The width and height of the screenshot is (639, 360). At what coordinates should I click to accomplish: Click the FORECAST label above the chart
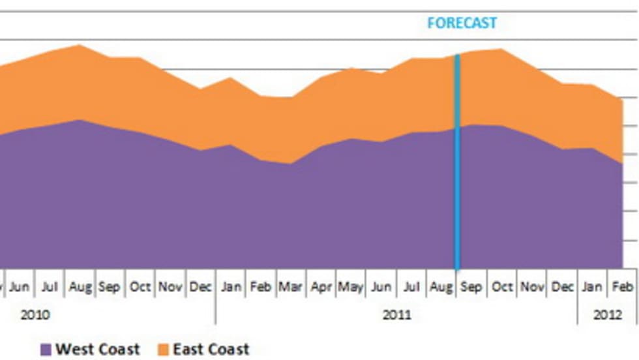(462, 23)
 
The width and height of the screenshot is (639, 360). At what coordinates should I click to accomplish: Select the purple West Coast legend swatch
(46, 350)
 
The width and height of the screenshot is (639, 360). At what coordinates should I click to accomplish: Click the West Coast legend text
(98, 350)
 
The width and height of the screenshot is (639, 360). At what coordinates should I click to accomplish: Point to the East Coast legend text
(211, 350)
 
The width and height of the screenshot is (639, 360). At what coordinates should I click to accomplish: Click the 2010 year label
(35, 315)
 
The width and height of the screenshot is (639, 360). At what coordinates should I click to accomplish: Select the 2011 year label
(396, 315)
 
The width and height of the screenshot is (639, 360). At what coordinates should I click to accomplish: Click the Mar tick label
(291, 287)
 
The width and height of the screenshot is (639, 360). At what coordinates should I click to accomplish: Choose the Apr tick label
(321, 287)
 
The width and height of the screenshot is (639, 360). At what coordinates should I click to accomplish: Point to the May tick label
(351, 287)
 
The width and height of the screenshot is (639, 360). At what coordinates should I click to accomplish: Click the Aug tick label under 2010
(80, 287)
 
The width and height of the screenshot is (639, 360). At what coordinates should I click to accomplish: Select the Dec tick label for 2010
(200, 287)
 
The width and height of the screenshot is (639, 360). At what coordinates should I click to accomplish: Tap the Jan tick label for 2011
(230, 287)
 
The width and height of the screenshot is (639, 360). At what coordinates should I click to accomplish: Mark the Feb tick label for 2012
(622, 287)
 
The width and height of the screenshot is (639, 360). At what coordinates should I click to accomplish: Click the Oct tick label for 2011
(502, 287)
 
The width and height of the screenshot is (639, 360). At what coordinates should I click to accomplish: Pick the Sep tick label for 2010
(110, 287)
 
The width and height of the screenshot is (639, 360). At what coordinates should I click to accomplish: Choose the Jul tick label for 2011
(411, 287)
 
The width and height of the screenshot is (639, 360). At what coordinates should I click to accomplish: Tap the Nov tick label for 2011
(533, 287)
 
